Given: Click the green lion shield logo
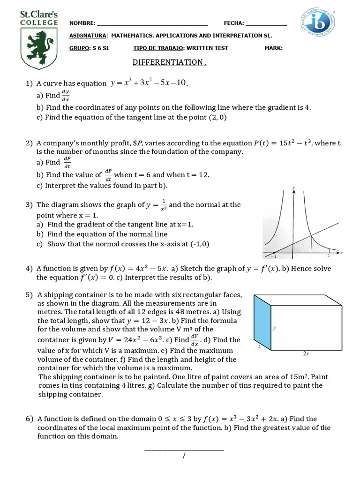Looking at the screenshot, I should coord(40,48).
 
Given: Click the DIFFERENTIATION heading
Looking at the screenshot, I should coord(170,62).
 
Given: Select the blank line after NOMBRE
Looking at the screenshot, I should coord(152,23).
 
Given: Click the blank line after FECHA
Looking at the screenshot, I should coord(266,23).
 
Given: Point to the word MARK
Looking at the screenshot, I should coord(273,48).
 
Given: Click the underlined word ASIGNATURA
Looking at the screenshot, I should coord(88,36).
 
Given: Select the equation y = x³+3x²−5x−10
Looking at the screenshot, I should coord(149,83).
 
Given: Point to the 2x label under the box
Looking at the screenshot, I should coord(306,354).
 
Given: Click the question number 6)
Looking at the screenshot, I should coord(30,419).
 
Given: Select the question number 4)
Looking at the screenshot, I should coord(30,269).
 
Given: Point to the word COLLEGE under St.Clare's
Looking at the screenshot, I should coord(39,22).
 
